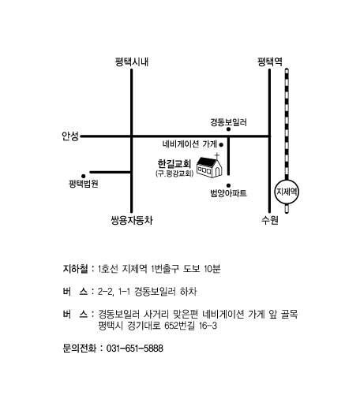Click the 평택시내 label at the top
tap(132, 62)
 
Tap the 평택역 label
tap(270, 62)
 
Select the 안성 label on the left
tap(70, 136)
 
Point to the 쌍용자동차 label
tap(132, 220)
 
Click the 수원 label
tap(270, 220)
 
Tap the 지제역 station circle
tap(287, 192)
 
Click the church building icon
tap(209, 167)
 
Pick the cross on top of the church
tap(217, 156)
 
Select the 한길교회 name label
tap(174, 164)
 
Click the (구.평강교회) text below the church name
tap(174, 173)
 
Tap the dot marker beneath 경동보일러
tap(228, 129)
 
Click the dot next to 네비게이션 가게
tap(221, 144)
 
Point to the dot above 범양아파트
tap(229, 185)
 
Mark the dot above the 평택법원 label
tap(83, 176)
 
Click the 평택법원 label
tap(84, 184)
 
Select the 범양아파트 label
tap(229, 193)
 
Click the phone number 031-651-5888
tap(134, 349)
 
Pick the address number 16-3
tap(208, 326)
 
